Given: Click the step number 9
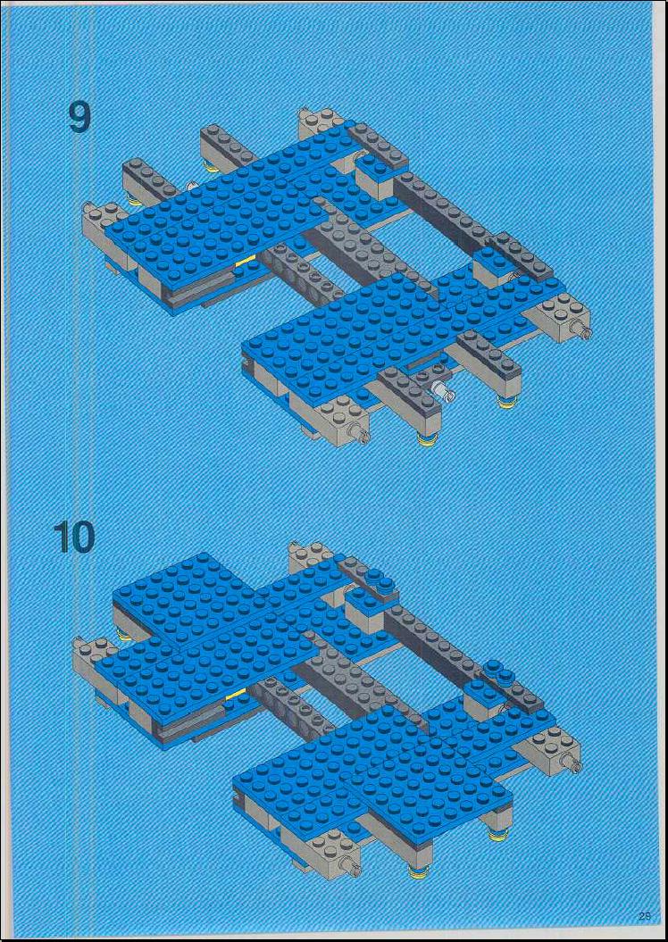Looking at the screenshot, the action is coord(79,119).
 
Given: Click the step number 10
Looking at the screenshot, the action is coord(73,537).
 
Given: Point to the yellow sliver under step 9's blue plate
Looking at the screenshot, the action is coord(246,261).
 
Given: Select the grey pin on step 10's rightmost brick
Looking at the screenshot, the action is coord(572,763).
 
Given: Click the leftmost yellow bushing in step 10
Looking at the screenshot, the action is coord(124,635).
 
